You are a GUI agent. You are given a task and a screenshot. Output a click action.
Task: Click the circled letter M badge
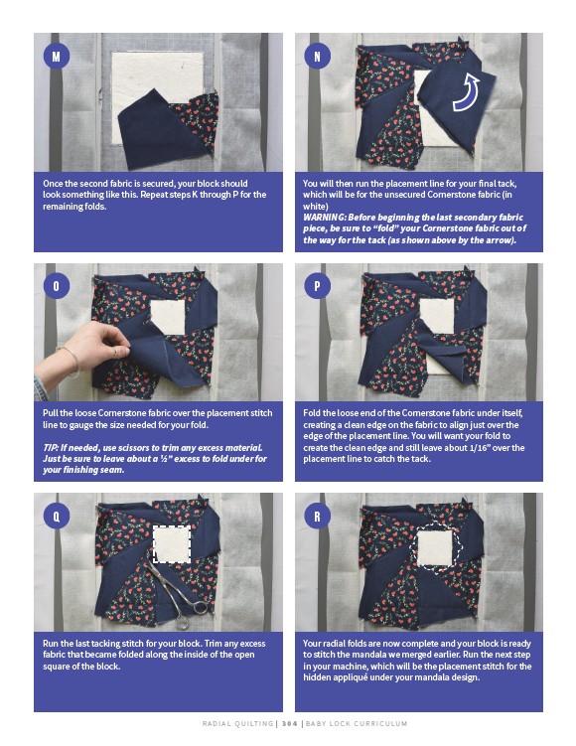click(57, 57)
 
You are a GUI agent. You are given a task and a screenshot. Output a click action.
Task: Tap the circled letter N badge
click(317, 57)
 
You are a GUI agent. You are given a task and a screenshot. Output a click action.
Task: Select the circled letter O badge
click(57, 286)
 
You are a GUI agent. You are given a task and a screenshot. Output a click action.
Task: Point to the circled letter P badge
click(317, 286)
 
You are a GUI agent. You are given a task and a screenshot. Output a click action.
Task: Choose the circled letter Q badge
click(57, 516)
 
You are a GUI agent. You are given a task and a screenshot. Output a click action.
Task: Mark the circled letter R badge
click(317, 516)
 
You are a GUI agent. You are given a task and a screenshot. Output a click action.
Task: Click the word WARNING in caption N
click(325, 218)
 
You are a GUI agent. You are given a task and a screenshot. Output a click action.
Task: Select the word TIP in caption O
click(50, 448)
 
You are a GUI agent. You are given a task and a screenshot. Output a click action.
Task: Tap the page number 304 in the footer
click(289, 723)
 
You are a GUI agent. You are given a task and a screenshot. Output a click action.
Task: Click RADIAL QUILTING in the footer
click(237, 723)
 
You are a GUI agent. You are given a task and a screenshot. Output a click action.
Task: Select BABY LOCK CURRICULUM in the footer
click(357, 723)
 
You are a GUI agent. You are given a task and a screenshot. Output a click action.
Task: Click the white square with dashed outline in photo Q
click(172, 543)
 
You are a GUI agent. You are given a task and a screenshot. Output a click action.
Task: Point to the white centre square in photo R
click(434, 547)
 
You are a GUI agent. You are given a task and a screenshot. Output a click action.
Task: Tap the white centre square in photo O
click(168, 317)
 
